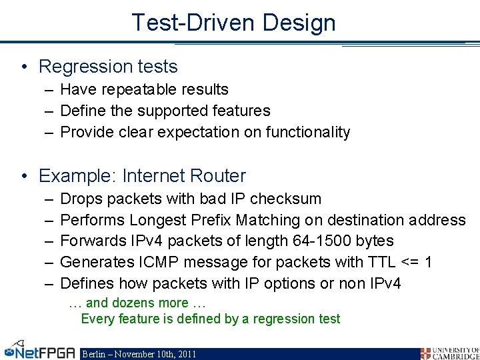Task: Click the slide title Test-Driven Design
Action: click(x=233, y=23)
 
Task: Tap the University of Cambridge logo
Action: click(x=449, y=353)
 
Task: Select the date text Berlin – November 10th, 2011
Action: click(x=139, y=354)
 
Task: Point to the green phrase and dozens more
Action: click(x=137, y=303)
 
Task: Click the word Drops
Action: click(x=81, y=199)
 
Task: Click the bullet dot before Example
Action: click(x=24, y=177)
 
